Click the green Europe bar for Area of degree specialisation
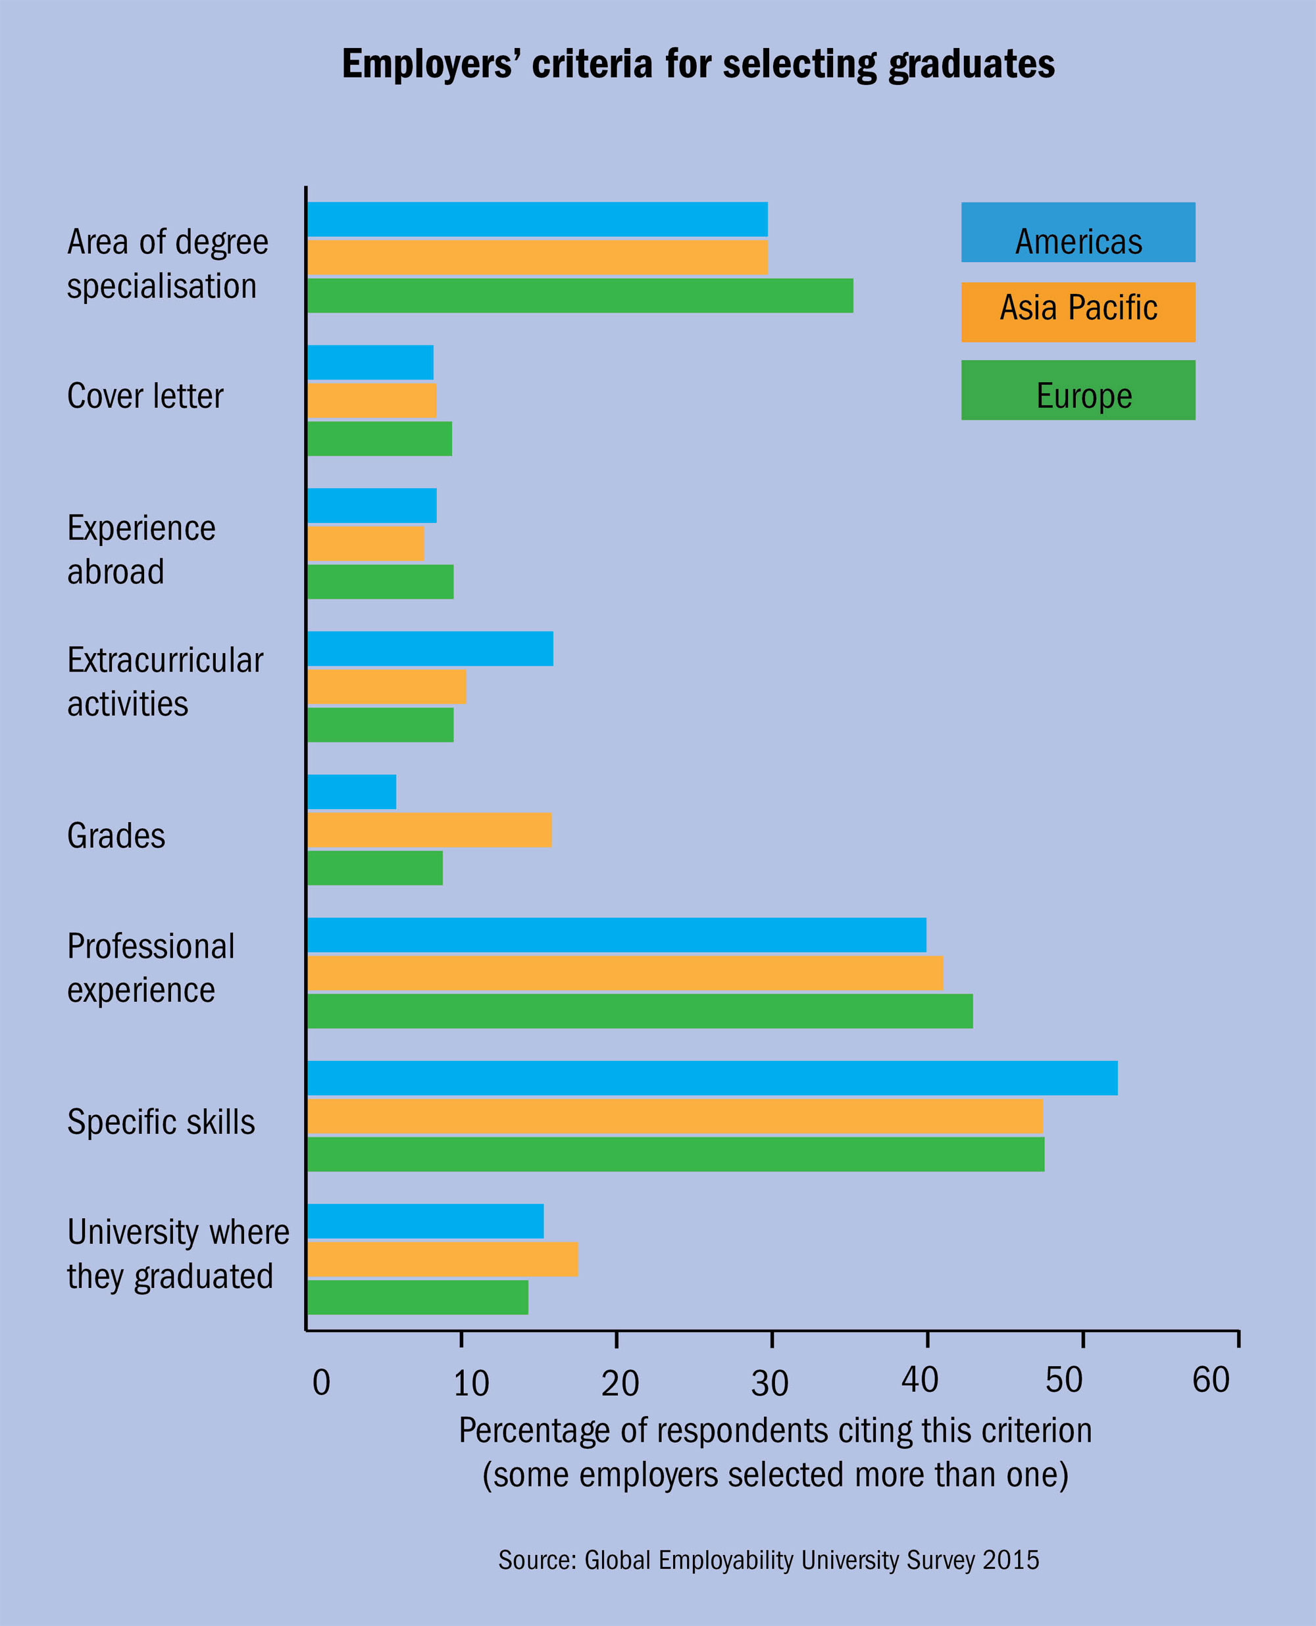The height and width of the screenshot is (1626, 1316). [580, 295]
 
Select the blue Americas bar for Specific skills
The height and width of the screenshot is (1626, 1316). [712, 1077]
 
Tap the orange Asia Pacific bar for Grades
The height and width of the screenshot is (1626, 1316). [429, 829]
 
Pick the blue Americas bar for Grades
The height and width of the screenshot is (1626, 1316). [352, 792]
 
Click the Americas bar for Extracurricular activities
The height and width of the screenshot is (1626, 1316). [430, 649]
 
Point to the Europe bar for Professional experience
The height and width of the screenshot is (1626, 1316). [640, 1011]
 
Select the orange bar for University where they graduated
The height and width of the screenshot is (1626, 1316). [443, 1258]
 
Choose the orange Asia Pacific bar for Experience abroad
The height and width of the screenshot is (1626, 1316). [365, 543]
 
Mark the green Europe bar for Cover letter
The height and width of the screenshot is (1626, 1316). [380, 439]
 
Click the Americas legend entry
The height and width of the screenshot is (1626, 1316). [1078, 233]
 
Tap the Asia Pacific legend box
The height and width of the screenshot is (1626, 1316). [1078, 312]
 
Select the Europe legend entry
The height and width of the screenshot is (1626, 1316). [1078, 390]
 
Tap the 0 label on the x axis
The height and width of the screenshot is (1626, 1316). [321, 1383]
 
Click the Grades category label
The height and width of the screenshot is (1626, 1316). [116, 836]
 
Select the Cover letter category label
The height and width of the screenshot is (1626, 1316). [145, 396]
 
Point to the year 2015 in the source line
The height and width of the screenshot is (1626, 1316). [1011, 1560]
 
